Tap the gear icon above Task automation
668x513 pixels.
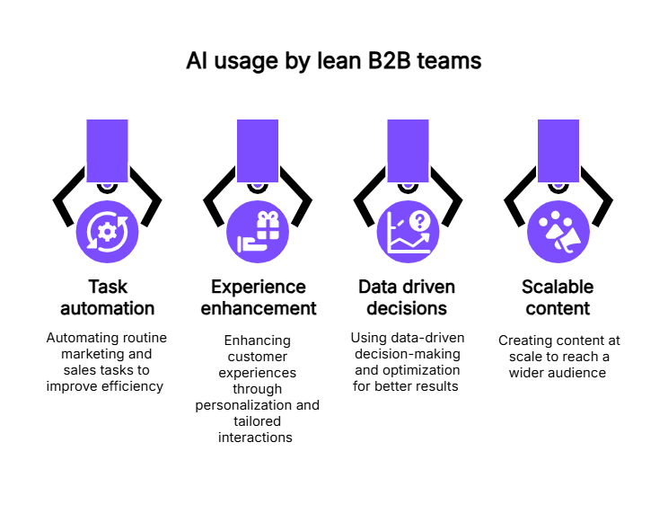(108, 232)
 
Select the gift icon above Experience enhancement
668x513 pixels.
(258, 232)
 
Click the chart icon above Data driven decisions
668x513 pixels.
(407, 232)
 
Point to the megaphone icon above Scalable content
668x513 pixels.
(558, 232)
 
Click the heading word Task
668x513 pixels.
(108, 287)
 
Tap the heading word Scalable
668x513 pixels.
(558, 287)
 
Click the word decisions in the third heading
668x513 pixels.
(407, 309)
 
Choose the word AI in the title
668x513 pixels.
(196, 61)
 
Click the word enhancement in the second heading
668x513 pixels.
(259, 309)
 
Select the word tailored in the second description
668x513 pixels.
(258, 421)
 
